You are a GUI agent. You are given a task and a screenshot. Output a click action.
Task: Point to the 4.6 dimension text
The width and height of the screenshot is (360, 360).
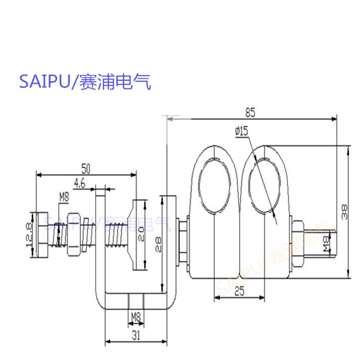[x=80, y=183]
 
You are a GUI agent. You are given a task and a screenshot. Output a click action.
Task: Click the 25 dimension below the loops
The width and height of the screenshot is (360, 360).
[x=239, y=291]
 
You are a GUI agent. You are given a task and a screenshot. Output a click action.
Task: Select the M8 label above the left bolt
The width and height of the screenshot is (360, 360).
[x=64, y=196]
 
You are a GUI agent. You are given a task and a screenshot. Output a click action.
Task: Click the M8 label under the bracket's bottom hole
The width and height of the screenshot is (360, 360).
[x=135, y=318]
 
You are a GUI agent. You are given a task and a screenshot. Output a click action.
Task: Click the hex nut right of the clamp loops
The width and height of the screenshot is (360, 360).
[x=298, y=241]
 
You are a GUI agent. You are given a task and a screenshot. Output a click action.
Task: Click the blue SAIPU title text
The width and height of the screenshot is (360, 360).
[x=85, y=82]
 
